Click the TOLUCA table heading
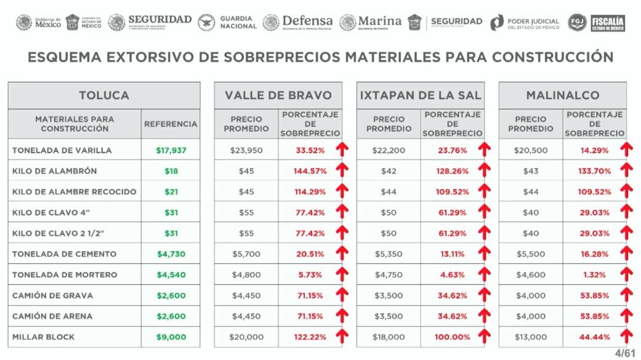[x=103, y=95]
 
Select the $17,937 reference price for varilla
[x=171, y=150]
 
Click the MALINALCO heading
[x=562, y=95]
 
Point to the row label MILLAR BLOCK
[x=43, y=337]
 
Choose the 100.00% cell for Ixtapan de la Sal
[x=453, y=337]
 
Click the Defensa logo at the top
[x=299, y=22]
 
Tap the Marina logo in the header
[x=371, y=22]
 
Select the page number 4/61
[x=624, y=353]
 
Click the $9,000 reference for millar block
[x=171, y=337]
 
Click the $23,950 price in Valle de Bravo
[x=246, y=150]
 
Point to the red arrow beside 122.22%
[x=342, y=337]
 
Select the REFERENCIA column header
[x=171, y=124]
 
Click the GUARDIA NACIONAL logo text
[x=238, y=22]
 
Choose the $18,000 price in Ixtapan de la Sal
[x=389, y=337]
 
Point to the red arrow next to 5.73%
[x=342, y=274]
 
